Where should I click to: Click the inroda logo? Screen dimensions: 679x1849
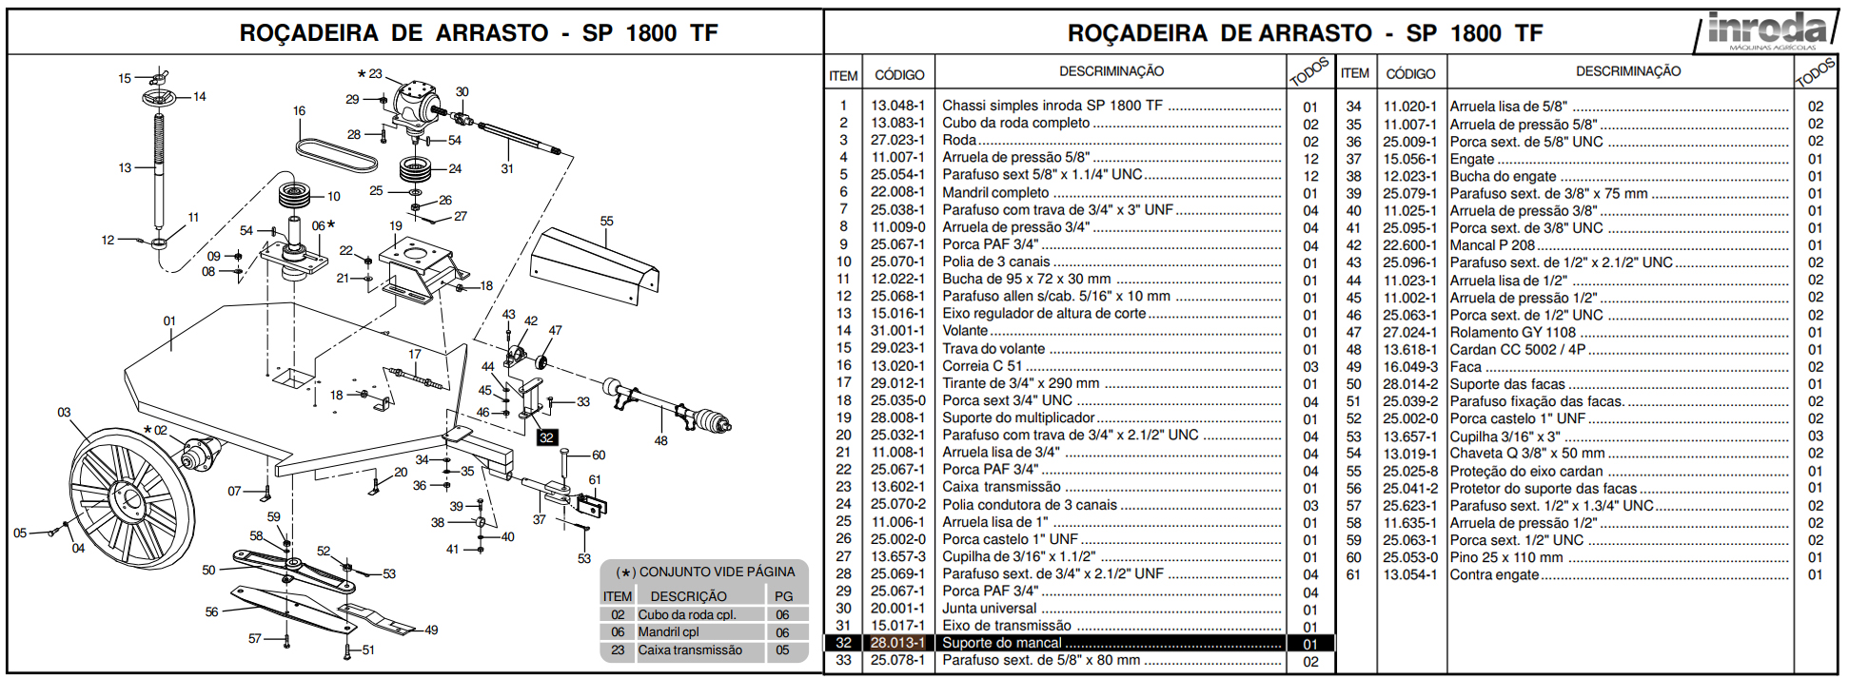(x=1766, y=30)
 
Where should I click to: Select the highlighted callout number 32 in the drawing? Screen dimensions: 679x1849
(x=546, y=437)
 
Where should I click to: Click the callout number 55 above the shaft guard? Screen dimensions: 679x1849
(x=606, y=221)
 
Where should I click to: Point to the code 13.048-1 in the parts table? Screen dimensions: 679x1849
(x=897, y=106)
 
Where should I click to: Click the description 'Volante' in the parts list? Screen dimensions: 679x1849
(x=965, y=331)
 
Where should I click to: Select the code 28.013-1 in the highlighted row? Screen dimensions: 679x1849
(x=897, y=643)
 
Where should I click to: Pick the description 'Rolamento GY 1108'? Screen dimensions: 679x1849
(x=1512, y=332)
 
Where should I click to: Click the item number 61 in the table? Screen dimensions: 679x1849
(x=1353, y=574)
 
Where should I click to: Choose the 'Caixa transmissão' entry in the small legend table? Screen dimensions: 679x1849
(x=690, y=650)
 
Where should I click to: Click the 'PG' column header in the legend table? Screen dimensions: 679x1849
(x=783, y=596)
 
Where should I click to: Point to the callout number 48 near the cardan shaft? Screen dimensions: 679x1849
(x=660, y=440)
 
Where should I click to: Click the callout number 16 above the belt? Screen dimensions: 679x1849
(x=299, y=111)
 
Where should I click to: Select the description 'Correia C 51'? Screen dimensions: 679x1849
(x=982, y=366)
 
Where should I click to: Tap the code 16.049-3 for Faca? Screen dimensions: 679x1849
(x=1410, y=367)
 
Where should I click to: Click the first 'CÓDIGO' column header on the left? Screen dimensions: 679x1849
(x=899, y=74)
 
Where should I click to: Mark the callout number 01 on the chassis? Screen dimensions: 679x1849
(x=169, y=320)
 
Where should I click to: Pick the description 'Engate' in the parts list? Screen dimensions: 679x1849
(x=1471, y=159)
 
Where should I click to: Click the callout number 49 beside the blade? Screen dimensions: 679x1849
(x=431, y=630)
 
